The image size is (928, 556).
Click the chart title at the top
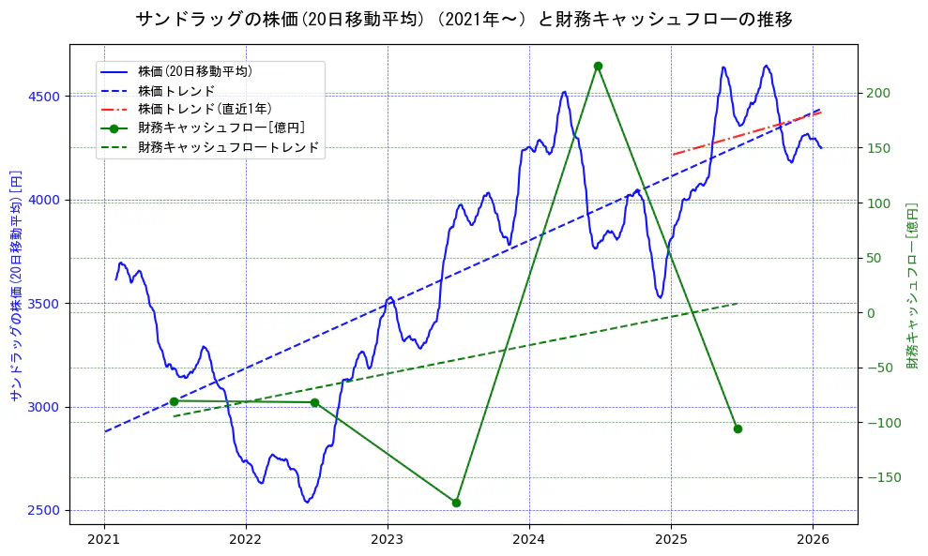[464, 19]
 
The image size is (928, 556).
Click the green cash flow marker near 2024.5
[598, 66]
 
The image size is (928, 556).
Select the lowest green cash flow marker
[456, 503]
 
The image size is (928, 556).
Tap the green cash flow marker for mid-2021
[174, 401]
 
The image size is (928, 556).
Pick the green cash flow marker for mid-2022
[314, 402]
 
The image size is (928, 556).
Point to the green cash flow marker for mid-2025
[738, 428]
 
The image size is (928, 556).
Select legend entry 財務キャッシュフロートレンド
[228, 147]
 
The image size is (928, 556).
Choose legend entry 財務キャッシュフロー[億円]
[221, 128]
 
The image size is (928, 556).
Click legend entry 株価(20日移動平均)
[194, 70]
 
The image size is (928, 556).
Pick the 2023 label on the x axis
[388, 540]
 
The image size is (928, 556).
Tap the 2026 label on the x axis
[813, 540]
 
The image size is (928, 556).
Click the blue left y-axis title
[15, 285]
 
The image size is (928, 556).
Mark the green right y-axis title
[911, 285]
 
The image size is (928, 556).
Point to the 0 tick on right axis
[870, 313]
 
